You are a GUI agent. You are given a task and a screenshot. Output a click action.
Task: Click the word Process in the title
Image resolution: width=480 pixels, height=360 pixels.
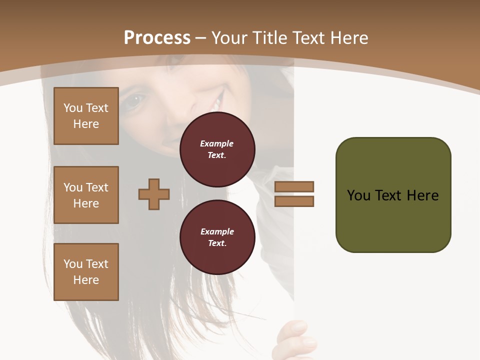point(157,37)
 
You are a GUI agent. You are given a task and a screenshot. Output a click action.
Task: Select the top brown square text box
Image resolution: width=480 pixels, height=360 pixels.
point(86,116)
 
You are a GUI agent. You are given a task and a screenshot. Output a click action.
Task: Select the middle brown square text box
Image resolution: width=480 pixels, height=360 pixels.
point(86,195)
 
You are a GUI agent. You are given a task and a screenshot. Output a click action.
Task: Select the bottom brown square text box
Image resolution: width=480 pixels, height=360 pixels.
point(86,272)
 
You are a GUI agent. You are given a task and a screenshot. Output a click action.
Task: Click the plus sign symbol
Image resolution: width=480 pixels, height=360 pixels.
point(154,194)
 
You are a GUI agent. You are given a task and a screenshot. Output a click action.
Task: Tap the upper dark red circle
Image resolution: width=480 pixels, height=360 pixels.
point(217,149)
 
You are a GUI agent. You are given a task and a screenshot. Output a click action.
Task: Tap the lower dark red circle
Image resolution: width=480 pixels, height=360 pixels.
point(217,237)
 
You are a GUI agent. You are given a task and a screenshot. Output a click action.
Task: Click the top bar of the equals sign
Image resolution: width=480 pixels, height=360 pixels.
point(294,186)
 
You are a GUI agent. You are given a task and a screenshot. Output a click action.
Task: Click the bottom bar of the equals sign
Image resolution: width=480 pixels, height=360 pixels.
point(294,201)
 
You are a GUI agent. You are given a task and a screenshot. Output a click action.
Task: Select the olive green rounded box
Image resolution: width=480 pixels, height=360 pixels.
point(393,195)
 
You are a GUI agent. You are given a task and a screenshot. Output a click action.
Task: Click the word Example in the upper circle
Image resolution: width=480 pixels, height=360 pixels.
point(217,143)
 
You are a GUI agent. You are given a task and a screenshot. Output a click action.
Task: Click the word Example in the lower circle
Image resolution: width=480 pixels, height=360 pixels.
point(217,231)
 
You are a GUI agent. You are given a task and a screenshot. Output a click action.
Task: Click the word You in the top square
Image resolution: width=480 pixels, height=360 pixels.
point(72,108)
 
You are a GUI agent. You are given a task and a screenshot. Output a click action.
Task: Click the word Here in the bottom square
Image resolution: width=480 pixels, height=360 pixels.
point(86,280)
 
